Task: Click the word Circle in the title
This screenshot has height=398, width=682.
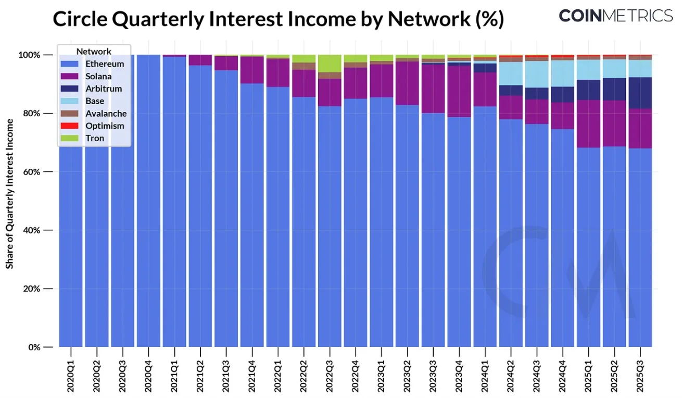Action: coord(83,19)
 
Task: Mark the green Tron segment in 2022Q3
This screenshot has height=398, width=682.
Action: coord(330,64)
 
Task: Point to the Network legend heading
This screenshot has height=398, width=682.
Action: coord(94,51)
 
